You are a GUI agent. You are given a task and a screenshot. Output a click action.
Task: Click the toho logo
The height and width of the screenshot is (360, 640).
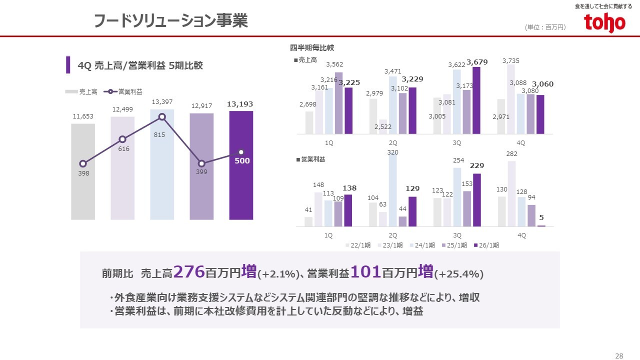tap(604, 22)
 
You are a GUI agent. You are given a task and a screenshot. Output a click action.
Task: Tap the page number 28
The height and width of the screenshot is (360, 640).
tap(619, 355)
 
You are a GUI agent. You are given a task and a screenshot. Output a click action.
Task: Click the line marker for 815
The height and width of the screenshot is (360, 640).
tap(162, 117)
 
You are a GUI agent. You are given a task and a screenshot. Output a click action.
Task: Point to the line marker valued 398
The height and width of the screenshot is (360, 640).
tap(83, 163)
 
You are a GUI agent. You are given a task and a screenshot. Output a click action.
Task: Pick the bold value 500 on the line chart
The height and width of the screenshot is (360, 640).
tap(242, 161)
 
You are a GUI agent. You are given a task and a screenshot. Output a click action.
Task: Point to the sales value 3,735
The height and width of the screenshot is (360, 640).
tap(511, 61)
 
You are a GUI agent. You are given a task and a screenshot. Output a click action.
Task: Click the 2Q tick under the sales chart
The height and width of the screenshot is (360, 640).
tap(393, 142)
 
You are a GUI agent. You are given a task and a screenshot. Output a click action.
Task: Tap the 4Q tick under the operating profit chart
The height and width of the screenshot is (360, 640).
tap(521, 235)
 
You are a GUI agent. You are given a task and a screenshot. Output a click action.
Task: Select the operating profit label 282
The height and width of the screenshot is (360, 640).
tap(511, 154)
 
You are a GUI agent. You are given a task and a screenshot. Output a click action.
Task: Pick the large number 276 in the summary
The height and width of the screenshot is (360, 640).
tap(189, 272)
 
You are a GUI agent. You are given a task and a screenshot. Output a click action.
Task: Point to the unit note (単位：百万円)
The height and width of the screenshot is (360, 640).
tap(545, 27)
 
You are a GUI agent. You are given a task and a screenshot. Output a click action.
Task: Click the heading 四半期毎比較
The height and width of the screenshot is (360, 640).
tap(312, 48)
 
